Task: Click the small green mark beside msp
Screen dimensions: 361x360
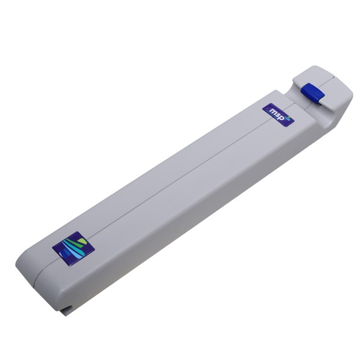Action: point(288,118)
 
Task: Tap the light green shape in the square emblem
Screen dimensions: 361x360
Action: point(82,242)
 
